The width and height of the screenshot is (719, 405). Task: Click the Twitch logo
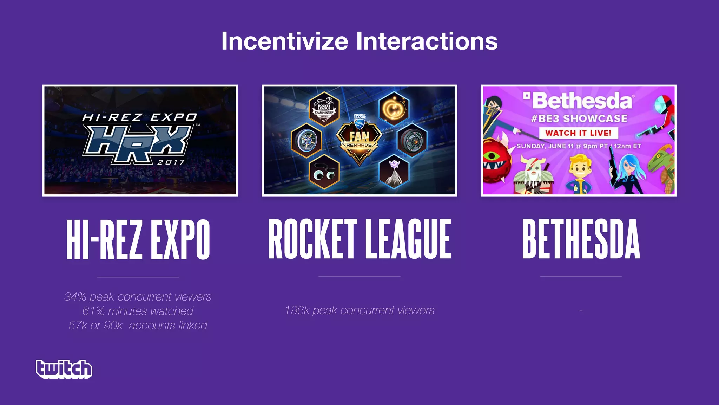pos(64,369)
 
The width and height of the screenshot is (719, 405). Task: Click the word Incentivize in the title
pos(285,41)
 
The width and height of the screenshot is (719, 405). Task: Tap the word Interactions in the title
pos(427,41)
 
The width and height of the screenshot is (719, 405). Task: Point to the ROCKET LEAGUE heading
pos(359,239)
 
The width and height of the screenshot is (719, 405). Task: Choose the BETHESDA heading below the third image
pos(581,239)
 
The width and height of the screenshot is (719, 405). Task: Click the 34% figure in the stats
pos(75,297)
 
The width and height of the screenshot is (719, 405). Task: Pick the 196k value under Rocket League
pos(297,310)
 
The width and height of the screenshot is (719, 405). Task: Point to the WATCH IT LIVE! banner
pos(578,133)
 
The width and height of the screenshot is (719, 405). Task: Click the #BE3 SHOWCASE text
pos(579,118)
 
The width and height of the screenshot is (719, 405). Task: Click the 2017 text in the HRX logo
pos(171,162)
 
